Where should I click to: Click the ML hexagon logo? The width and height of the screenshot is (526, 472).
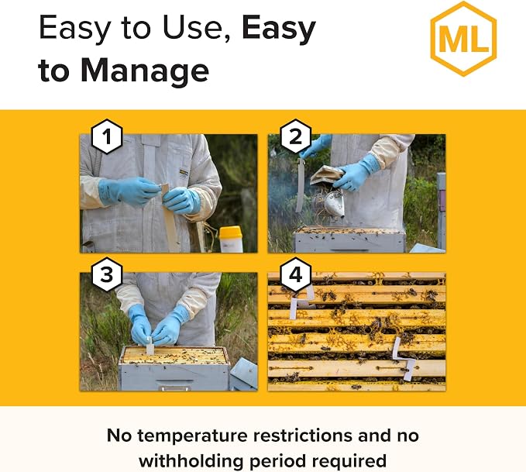pos(463,39)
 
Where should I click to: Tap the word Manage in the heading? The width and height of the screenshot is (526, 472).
pos(145,70)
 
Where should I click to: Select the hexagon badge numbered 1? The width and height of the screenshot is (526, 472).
pos(107,136)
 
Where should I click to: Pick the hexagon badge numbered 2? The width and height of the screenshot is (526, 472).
pos(295,136)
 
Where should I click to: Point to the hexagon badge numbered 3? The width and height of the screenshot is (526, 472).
pos(107,274)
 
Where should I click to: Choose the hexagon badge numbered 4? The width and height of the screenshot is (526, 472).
pos(295,274)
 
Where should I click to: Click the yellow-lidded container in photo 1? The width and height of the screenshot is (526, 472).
pos(231,239)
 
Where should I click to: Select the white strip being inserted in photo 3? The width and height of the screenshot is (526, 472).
pos(150,346)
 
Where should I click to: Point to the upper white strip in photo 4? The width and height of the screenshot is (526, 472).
pos(301,301)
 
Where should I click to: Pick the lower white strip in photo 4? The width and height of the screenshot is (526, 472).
pos(404,359)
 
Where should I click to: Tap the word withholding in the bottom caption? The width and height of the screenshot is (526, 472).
pos(191,461)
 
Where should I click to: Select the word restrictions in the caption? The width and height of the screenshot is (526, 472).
pos(302,436)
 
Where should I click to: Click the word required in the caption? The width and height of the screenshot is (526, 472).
pos(349,461)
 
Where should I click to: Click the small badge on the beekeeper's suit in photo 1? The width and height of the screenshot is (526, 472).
pos(184,173)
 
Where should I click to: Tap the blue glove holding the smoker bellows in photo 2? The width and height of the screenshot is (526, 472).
pos(356,173)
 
